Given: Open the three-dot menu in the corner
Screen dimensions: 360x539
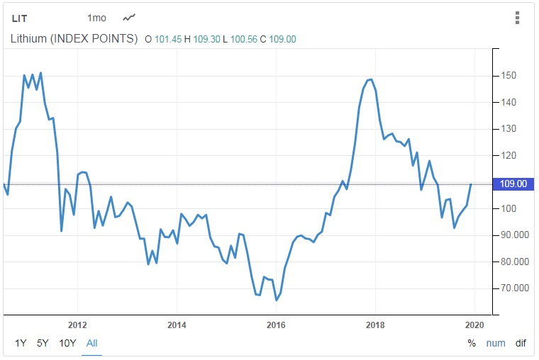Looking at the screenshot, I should click(518, 18).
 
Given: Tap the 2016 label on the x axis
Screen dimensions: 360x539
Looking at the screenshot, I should click(275, 325).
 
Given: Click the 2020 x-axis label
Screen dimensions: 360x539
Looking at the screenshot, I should click(474, 325).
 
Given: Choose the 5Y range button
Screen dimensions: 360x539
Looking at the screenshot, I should click(43, 343).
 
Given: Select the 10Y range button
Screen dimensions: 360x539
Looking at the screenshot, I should click(67, 343).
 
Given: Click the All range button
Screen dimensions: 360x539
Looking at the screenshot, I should click(91, 343).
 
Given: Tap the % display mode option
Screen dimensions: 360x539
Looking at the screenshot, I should click(472, 343).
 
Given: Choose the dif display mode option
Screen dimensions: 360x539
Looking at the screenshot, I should click(521, 343).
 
